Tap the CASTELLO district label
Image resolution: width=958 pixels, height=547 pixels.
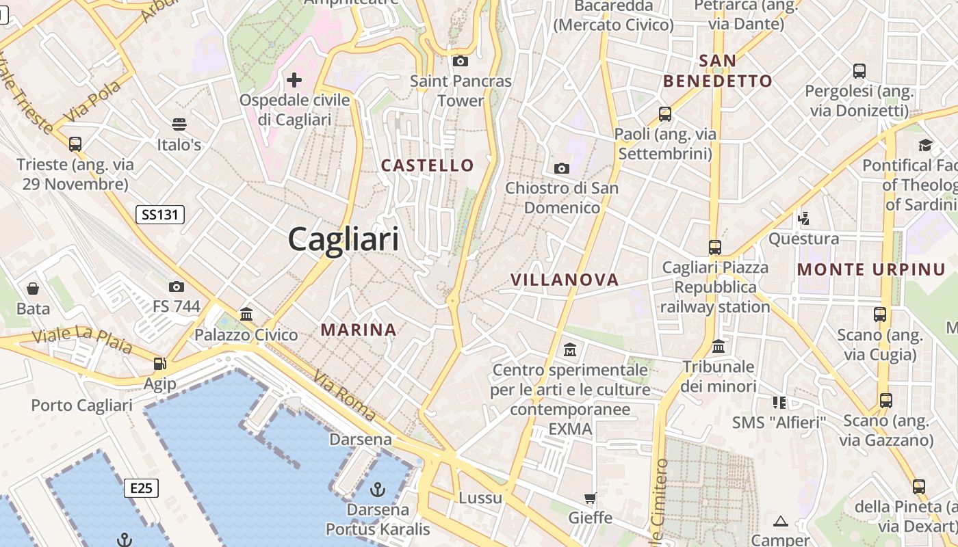427,165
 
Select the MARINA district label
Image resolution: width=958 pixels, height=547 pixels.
359,330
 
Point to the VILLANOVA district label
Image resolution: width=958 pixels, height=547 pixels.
565,280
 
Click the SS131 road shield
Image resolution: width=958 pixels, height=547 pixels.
160,215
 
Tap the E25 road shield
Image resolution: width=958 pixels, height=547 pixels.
142,488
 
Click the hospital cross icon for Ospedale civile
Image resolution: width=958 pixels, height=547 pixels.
294,80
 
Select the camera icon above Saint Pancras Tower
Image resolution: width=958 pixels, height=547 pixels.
461,62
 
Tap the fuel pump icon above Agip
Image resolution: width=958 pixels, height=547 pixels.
159,364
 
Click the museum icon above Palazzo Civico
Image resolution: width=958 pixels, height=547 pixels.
246,314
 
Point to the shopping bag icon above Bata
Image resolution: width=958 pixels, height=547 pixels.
33,289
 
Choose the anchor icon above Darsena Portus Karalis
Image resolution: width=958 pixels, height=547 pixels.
377,490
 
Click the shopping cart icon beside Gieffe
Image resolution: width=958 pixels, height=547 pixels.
590,498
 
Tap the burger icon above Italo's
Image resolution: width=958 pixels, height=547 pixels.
179,124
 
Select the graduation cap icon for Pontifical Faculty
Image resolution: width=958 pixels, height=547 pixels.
925,145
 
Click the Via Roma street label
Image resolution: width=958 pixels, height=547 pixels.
344,395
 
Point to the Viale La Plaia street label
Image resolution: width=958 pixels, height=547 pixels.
82,341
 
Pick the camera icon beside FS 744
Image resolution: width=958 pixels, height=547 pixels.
177,286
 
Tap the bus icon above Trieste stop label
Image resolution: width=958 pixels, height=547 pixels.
75,144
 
